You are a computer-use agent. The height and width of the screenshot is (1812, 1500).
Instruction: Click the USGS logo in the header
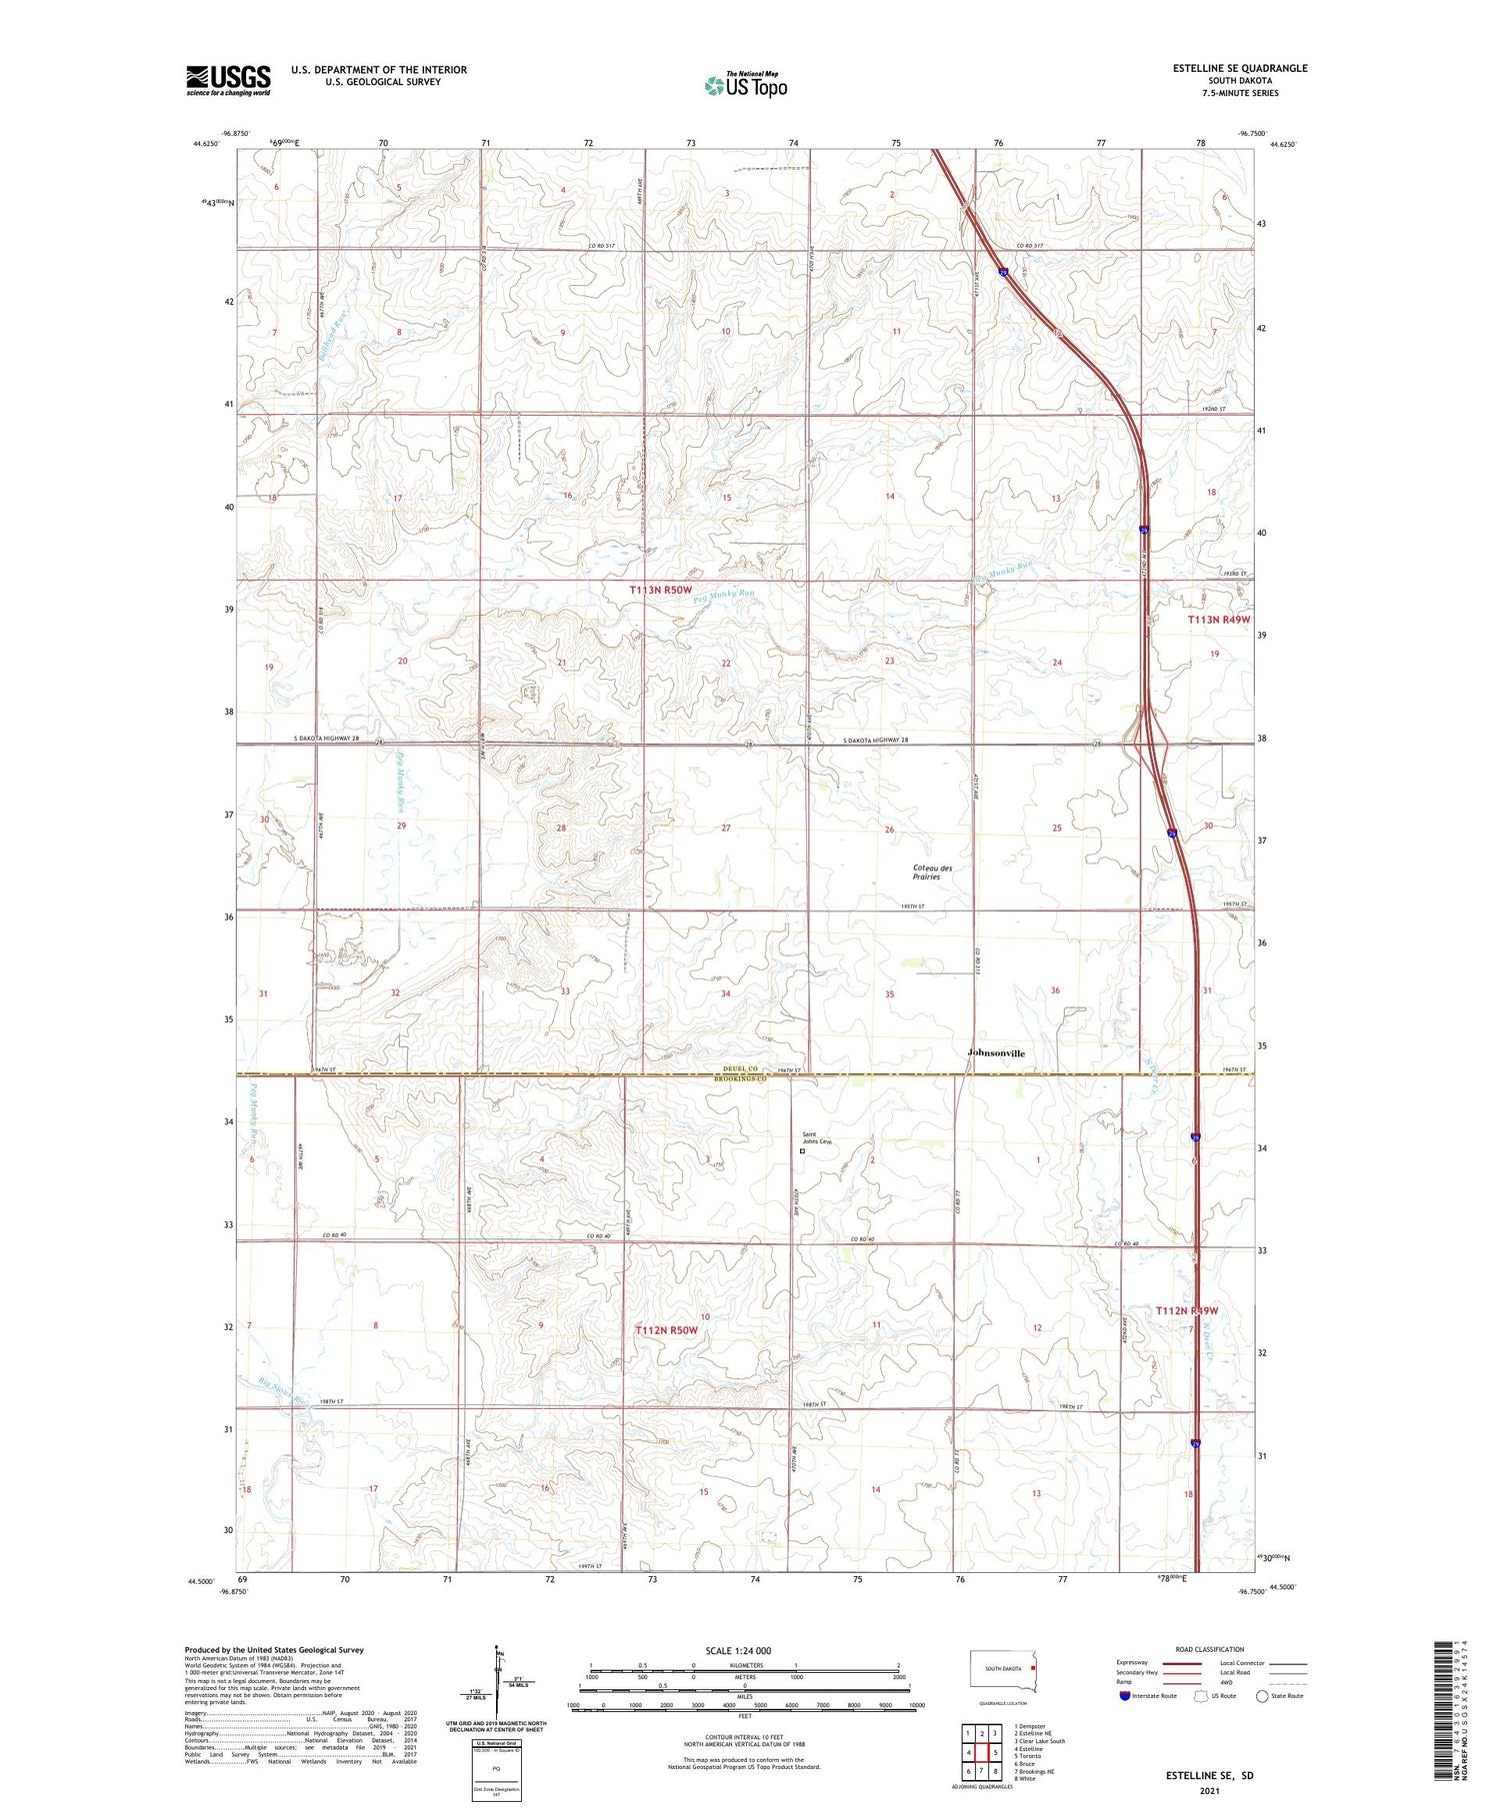[x=228, y=80]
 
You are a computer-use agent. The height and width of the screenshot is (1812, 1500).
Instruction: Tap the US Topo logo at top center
[x=746, y=85]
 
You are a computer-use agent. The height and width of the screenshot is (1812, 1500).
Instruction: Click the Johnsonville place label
[x=996, y=1052]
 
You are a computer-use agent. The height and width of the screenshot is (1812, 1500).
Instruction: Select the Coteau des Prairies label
[x=932, y=872]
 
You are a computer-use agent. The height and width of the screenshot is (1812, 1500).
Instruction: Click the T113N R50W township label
[x=660, y=591]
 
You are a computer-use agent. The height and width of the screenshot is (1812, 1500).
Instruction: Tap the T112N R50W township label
[x=666, y=1330]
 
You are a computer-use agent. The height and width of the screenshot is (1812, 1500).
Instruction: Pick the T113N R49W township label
[x=1218, y=620]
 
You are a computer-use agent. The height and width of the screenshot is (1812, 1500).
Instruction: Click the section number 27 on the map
[x=726, y=828]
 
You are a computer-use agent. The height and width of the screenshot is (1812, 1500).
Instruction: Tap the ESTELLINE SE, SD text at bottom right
[x=1208, y=1775]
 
